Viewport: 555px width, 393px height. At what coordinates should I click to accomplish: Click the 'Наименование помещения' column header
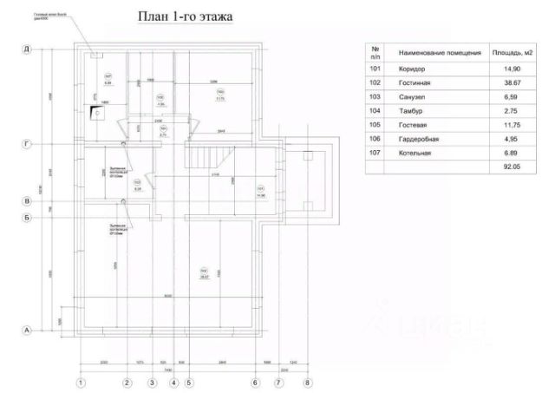pyautogui.click(x=434, y=53)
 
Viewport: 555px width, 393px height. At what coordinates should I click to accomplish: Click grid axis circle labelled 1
pyautogui.click(x=81, y=382)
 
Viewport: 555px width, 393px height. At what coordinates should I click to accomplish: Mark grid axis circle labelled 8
pyautogui.click(x=306, y=382)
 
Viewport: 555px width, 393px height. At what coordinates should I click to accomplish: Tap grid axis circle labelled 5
pyautogui.click(x=189, y=382)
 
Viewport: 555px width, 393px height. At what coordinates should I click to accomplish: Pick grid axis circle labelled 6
pyautogui.click(x=256, y=382)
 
